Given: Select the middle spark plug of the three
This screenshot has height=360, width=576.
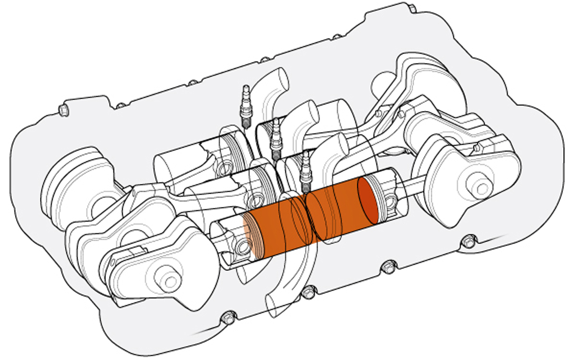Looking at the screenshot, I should [275, 138].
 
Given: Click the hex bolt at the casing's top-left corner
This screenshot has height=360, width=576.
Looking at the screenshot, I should [64, 109].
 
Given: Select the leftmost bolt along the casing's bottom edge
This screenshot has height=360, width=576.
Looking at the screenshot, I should [227, 318].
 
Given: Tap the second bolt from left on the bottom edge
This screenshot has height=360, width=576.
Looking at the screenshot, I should [308, 293].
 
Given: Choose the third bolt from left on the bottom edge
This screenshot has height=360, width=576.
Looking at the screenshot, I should [389, 266].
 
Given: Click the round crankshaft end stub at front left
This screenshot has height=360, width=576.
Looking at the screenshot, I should [168, 281].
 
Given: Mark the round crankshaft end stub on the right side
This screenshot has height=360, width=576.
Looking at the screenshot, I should [481, 188].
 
